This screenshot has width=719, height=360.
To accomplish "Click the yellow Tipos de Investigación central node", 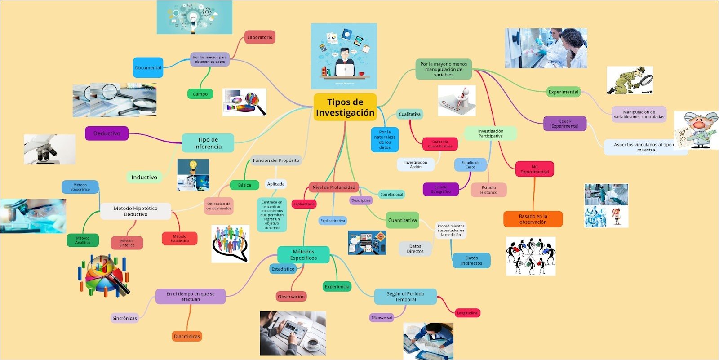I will click(x=345, y=107).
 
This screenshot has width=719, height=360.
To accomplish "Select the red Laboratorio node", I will click(x=260, y=37).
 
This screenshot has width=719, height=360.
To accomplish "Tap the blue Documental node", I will click(x=148, y=68).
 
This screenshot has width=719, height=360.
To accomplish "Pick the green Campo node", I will click(x=200, y=94).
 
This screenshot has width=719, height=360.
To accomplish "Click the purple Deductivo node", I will click(x=107, y=133).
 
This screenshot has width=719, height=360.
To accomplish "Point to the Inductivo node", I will click(x=144, y=178).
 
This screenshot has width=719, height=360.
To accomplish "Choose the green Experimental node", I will click(x=563, y=92).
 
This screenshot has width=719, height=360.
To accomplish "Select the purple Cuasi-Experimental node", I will click(x=565, y=124).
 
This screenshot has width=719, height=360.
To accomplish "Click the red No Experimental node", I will click(x=534, y=169).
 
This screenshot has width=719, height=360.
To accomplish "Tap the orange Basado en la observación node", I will click(x=533, y=219).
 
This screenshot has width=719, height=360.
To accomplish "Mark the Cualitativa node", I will click(x=409, y=114).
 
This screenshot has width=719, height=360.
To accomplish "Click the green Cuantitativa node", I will click(x=402, y=220).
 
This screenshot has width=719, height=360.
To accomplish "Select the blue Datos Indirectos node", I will click(x=471, y=261).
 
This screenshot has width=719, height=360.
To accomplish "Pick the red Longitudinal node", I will click(x=467, y=313).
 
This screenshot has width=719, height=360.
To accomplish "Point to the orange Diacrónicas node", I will click(x=187, y=336).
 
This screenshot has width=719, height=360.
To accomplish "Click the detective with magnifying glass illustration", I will click(x=630, y=80).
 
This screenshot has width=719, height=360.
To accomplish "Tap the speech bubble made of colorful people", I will click(x=230, y=243).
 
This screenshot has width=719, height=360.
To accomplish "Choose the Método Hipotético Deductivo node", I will click(x=135, y=211).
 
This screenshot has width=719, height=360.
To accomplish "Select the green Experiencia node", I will click(x=337, y=286).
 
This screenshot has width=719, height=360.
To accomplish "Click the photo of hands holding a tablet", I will click(x=293, y=333).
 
